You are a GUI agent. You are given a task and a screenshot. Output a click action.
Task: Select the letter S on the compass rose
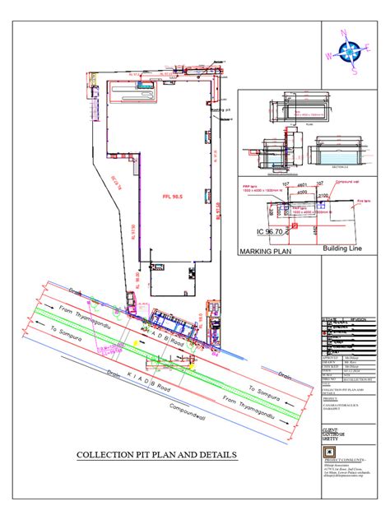[x=355, y=71]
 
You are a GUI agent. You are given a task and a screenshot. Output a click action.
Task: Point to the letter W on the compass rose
[x=329, y=57]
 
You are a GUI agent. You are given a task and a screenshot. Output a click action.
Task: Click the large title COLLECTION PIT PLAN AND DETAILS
[x=156, y=454]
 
